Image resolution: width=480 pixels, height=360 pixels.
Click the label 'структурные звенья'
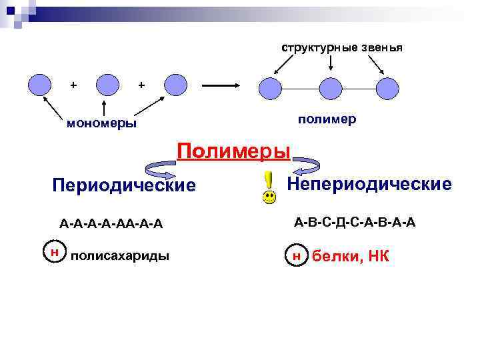tap(341, 48)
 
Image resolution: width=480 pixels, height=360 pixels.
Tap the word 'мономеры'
tap(102, 123)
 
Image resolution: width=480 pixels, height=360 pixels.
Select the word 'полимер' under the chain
tap(327, 118)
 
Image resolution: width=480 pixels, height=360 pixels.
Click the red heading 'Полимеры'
tap(233, 151)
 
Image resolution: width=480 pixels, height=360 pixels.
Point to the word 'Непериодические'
tap(369, 183)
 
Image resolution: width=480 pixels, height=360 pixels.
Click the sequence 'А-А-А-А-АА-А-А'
tap(111, 222)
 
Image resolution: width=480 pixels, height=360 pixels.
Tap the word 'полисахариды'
tap(120, 256)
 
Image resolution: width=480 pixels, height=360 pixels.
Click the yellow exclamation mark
tap(268, 179)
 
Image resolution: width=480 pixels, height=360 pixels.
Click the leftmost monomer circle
tap(41, 84)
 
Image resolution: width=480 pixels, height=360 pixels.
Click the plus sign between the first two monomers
tap(73, 85)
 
